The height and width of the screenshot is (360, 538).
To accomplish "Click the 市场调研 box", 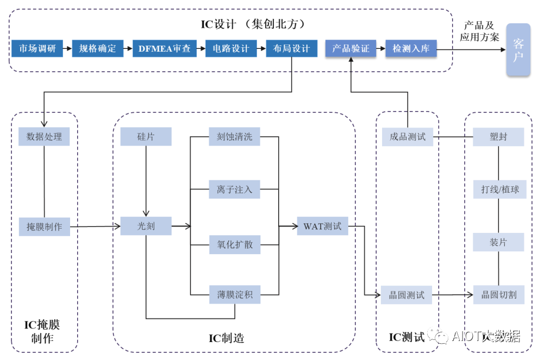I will (37, 48).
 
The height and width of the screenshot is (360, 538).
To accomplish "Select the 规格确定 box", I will (98, 48).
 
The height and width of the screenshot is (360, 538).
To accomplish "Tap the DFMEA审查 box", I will (165, 48).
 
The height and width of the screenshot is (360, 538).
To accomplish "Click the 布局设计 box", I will (292, 48).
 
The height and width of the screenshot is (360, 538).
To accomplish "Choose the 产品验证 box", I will (351, 48).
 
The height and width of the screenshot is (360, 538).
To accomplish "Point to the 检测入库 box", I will (411, 48).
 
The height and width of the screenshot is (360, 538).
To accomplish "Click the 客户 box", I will (518, 50).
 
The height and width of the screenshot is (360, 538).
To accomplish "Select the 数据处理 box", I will (44, 137).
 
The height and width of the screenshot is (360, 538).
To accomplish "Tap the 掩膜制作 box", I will (44, 226).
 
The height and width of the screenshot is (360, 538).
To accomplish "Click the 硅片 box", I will (146, 137).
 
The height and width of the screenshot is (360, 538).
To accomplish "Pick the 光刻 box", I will (146, 226).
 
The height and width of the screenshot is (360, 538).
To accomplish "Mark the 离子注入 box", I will (235, 190).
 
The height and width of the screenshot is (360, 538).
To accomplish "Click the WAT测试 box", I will (323, 226).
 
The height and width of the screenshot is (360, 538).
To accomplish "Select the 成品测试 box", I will (408, 137).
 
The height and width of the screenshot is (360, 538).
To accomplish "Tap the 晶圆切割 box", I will (499, 295).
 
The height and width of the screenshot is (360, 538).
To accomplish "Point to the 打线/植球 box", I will (499, 190).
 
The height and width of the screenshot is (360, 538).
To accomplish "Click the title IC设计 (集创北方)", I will (253, 24).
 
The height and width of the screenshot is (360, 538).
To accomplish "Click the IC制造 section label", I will (227, 338).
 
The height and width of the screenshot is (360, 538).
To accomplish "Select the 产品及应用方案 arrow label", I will (479, 31).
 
